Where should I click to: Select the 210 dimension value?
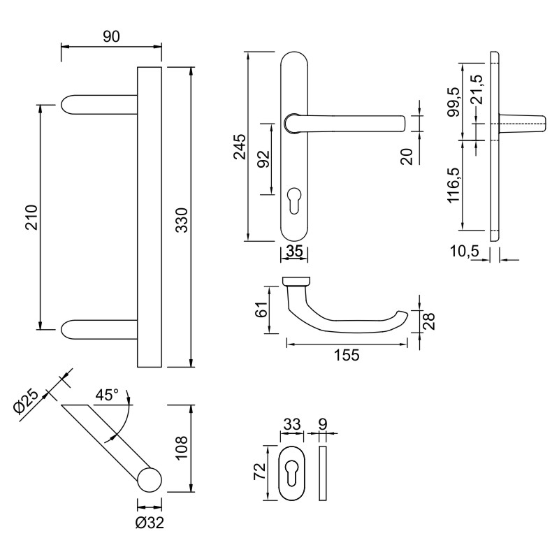[x=30, y=217]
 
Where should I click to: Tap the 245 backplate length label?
[x=239, y=146]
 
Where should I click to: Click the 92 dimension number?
[x=263, y=159]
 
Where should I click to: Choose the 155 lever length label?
[x=347, y=354]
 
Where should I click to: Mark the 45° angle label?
[x=108, y=395]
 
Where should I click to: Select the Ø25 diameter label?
[x=27, y=403]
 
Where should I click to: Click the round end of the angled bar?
[x=149, y=482]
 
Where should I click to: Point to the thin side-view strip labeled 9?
[x=322, y=473]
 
